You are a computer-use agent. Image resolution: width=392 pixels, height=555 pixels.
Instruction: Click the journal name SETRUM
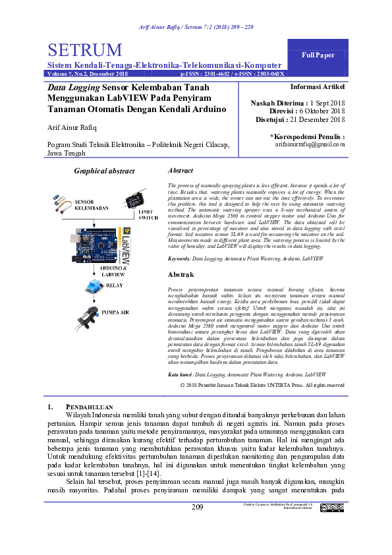click(85, 51)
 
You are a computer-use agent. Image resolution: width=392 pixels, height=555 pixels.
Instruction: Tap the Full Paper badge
click(318, 55)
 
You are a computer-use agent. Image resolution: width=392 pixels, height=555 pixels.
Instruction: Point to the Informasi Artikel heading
click(318, 86)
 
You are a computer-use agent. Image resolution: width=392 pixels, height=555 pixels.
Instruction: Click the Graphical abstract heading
click(104, 171)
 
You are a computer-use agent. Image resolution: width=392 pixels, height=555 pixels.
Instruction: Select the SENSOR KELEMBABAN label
click(91, 204)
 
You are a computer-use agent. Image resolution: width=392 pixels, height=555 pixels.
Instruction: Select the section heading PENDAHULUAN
click(91, 407)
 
